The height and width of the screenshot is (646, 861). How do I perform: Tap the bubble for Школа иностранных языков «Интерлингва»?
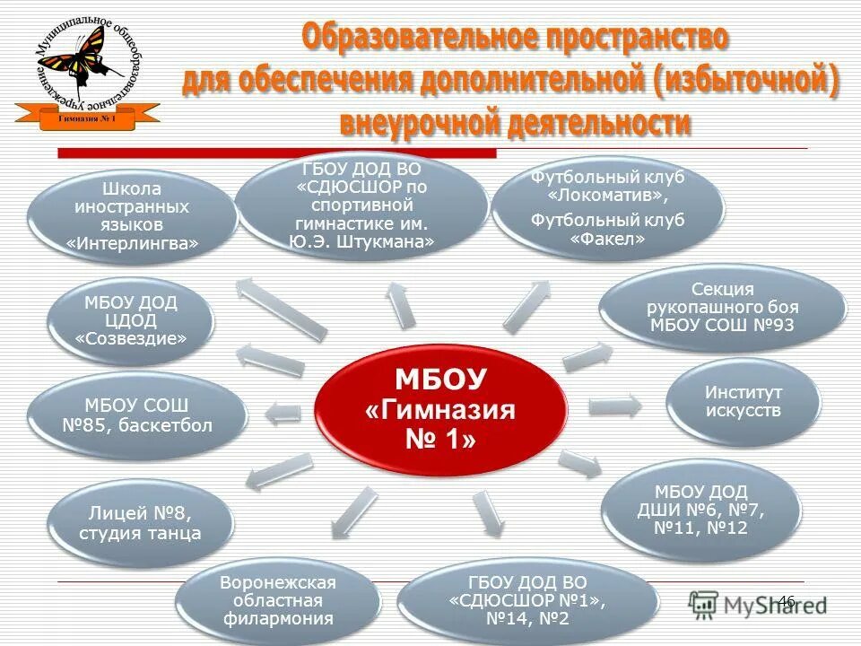pos(132,215)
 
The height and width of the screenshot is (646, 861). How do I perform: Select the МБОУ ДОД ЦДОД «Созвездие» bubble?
pos(131,319)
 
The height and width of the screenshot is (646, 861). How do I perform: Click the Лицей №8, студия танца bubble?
pos(139,523)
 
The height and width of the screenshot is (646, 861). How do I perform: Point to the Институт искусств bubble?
pos(743,401)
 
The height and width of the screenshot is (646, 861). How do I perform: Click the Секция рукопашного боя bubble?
pos(721,306)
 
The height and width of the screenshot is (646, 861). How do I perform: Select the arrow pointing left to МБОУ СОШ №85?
pos(283,413)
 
